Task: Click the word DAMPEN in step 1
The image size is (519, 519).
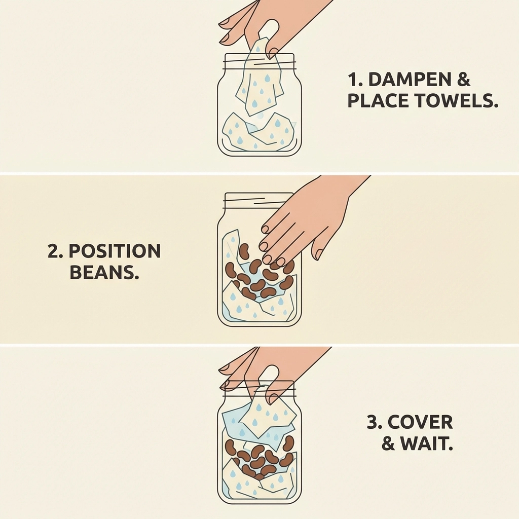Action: (x=410, y=80)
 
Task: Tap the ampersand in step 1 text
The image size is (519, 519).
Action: (x=464, y=80)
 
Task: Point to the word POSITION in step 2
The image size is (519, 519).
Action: (x=115, y=251)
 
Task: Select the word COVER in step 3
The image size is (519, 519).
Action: (x=420, y=422)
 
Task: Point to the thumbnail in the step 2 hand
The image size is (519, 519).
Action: (x=319, y=254)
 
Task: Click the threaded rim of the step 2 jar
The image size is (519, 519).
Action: (x=259, y=200)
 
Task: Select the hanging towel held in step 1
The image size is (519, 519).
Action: (x=260, y=80)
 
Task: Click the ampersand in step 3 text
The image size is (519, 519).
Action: (x=388, y=443)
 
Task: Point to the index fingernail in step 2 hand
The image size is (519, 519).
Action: (x=265, y=229)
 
